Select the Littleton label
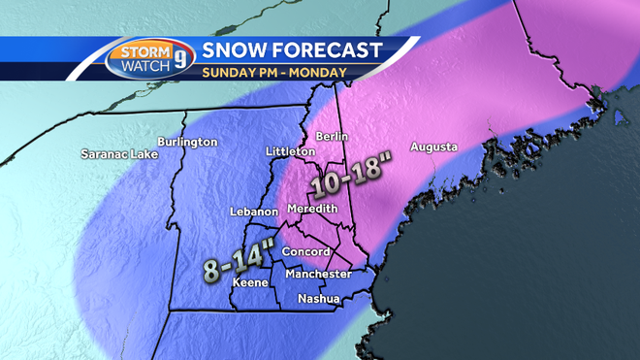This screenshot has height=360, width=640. click(290, 152)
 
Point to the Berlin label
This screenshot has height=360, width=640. click(338, 137)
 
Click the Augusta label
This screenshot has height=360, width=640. click(433, 147)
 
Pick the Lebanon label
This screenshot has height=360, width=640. click(254, 212)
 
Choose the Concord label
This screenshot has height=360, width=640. click(299, 252)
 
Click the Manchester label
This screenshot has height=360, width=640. click(319, 274)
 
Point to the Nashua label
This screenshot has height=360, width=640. click(318, 298)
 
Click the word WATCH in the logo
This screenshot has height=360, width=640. click(143, 66)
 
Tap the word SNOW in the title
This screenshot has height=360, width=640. click(237, 49)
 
